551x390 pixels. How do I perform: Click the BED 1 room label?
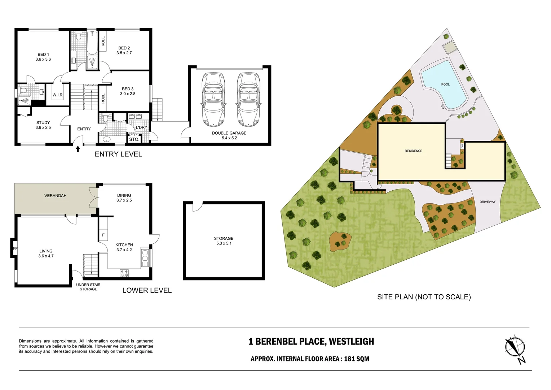coord(43,57)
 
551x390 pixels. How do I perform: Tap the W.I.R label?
coord(58,95)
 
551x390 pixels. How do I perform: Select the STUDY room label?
coord(43,125)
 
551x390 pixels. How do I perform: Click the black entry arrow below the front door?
coord(78,149)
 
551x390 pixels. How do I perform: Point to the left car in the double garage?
coord(213,99)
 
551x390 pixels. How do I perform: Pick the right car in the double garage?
coord(249,99)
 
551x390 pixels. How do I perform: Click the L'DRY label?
coord(141,127)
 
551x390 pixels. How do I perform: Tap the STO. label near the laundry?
coord(134,139)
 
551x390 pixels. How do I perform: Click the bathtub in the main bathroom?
coord(92,43)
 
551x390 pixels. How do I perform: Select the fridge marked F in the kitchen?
coord(103,235)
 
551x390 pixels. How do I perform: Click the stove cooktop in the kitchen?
coord(124,273)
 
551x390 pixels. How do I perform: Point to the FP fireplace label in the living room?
coord(15,248)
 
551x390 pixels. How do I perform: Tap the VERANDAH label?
coord(55,196)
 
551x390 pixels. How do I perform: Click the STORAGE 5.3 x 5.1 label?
coord(224,241)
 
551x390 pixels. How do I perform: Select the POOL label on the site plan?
coord(445,84)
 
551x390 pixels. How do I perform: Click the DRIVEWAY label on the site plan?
coord(488,202)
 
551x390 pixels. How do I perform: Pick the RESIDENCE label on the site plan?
coord(413,151)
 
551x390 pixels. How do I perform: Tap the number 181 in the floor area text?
coord(349,359)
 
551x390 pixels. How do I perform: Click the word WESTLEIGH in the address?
coord(351,342)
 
